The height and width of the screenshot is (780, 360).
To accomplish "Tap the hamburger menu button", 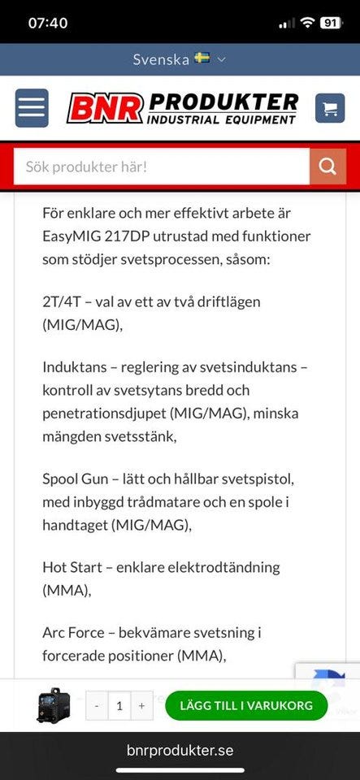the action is coord(32,108).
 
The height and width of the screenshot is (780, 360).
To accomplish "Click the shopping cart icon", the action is coord(330,108).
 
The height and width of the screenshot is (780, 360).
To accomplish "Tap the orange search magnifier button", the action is coord(327,167).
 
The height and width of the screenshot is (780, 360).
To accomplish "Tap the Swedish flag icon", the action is coord(202,58).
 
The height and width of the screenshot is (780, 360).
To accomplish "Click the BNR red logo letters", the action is coord(106,108).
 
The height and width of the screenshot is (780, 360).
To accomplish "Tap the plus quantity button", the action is coord(141,705).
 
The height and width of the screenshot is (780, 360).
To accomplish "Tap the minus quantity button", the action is coord(97,705).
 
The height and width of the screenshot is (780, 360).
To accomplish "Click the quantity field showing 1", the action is coord(119,705).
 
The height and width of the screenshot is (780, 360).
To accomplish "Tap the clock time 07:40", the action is coord(48,23).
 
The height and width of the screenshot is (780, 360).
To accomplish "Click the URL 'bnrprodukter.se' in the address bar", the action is coord(180,751).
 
